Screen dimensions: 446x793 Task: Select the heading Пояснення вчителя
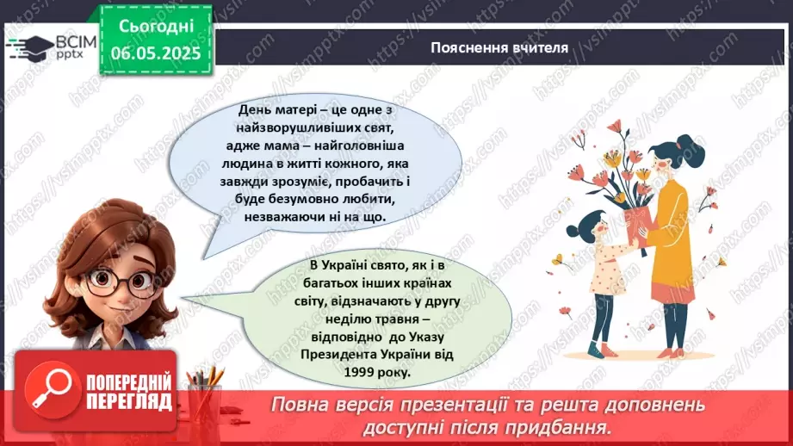(499, 47)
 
